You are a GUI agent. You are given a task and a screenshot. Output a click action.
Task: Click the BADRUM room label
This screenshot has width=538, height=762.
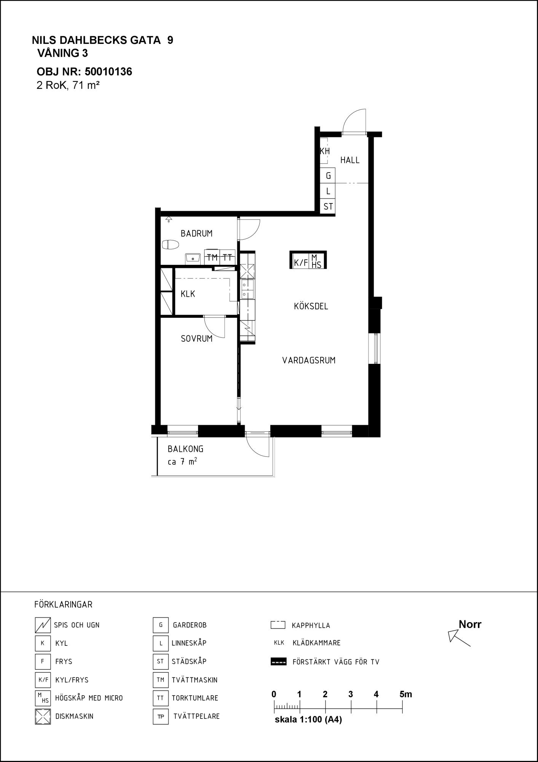[x=196, y=234]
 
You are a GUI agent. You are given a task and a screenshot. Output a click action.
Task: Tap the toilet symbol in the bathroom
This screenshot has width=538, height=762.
[x=170, y=245]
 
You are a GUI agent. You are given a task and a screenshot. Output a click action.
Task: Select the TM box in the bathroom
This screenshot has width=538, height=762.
[x=212, y=257]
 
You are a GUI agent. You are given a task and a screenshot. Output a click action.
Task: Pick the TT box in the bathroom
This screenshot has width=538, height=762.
[x=227, y=257]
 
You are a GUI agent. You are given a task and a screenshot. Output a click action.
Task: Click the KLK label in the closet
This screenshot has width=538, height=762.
[x=188, y=294]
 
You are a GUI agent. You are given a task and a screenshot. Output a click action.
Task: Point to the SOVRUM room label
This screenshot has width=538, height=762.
[x=196, y=339]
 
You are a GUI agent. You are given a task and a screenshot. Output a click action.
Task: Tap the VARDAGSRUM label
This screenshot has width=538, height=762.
[x=309, y=360]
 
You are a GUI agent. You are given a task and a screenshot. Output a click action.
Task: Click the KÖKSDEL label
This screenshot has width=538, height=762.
[x=311, y=306]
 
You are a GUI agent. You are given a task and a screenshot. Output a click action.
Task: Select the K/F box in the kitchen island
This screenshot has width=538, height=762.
[x=301, y=262]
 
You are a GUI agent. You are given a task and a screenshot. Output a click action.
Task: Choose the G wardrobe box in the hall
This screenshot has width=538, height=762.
[x=328, y=176]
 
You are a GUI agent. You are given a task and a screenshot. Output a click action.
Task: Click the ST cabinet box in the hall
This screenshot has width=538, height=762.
[x=328, y=207]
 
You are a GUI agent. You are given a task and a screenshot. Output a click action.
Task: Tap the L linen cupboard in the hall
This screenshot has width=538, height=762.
[x=328, y=191]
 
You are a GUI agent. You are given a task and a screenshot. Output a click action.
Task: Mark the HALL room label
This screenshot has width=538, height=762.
[x=350, y=160]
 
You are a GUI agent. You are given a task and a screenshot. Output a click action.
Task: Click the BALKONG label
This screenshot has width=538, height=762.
[x=185, y=449]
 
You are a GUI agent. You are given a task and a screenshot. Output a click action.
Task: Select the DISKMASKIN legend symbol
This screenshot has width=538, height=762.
[x=43, y=716]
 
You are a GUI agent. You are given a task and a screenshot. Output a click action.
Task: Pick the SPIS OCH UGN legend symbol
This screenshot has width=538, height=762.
[x=43, y=625]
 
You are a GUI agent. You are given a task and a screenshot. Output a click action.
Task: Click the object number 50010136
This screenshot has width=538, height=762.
[x=108, y=72]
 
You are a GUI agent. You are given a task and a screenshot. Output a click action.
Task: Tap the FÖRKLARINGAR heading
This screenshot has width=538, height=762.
[x=63, y=605]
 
